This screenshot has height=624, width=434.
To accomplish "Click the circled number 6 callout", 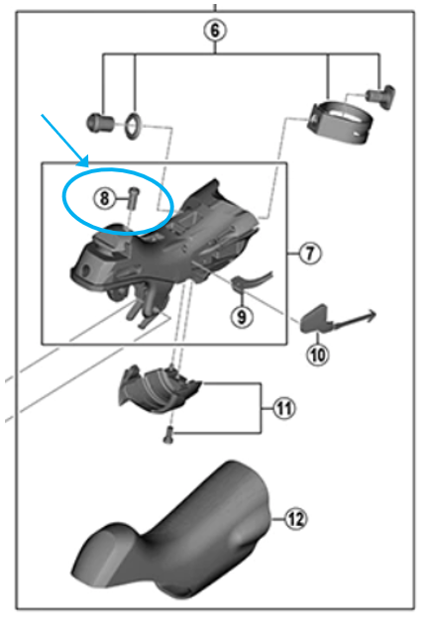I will pos(214,30).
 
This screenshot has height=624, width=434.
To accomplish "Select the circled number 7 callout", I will pos(308,254).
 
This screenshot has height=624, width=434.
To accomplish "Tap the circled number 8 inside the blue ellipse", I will pos(105,197).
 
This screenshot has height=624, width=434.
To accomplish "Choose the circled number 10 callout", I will pos(315,350).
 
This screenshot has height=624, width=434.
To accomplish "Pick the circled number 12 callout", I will pos(294,515).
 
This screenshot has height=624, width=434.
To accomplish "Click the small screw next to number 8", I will pos(129,196).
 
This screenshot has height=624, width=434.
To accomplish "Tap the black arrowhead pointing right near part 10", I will pos(371,315).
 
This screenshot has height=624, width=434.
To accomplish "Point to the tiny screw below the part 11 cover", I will pos(167,432).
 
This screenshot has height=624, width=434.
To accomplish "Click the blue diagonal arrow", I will pos(65,140).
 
